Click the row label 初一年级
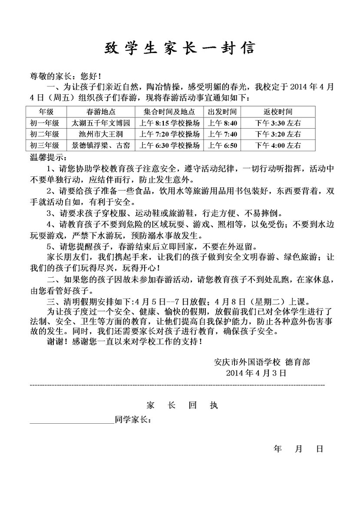pyautogui.click(x=45, y=123)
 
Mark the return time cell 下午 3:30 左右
pyautogui.click(x=278, y=123)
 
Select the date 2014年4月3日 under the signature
pyautogui.click(x=256, y=373)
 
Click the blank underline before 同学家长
pyautogui.click(x=72, y=421)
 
